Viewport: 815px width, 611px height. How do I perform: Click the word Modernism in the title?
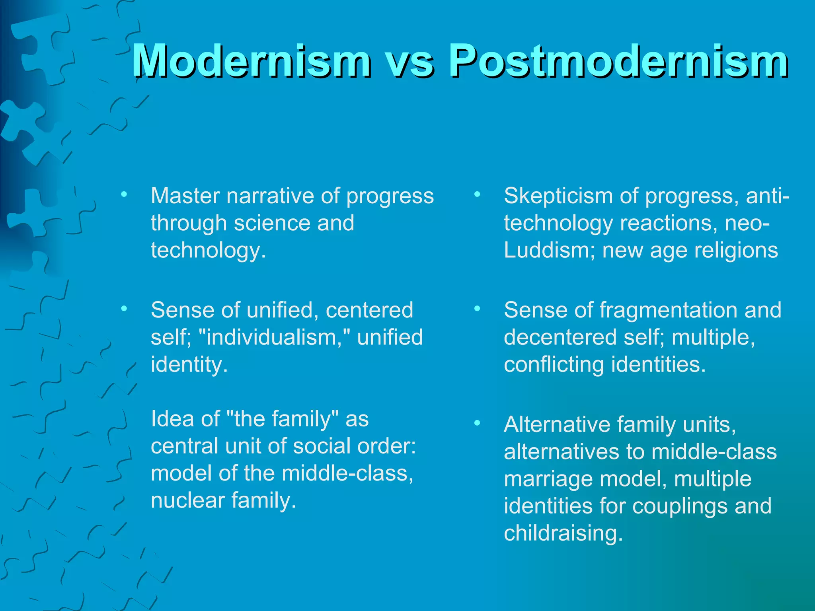[251, 60]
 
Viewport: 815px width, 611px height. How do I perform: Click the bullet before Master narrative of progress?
[124, 195]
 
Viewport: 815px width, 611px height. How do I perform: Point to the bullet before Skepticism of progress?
[477, 195]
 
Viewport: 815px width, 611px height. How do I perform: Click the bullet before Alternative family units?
[477, 423]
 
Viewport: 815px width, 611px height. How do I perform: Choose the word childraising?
[563, 533]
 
